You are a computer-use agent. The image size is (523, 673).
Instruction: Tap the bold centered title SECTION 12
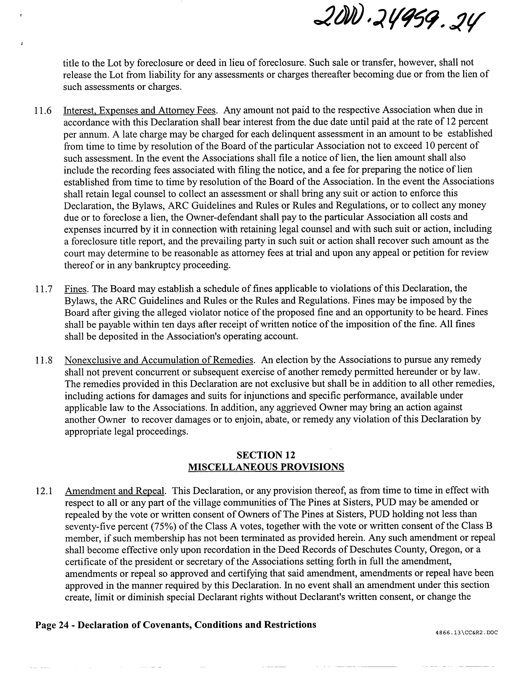pos(266,455)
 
